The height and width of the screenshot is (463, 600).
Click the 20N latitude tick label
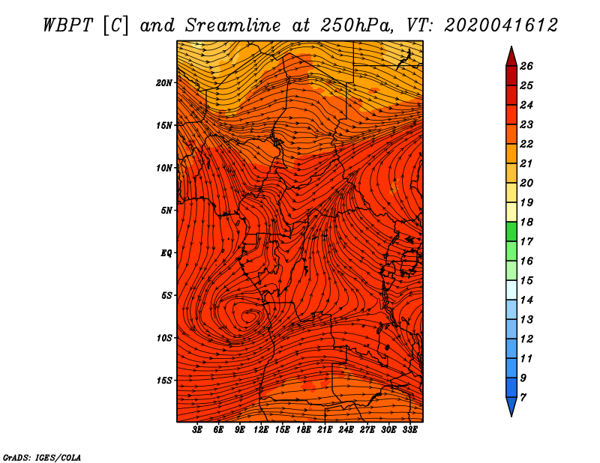(163, 83)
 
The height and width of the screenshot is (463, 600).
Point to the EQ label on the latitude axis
(166, 253)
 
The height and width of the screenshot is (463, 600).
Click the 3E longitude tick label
(197, 430)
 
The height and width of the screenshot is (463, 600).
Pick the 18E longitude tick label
(304, 430)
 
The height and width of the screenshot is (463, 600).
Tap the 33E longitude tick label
(409, 430)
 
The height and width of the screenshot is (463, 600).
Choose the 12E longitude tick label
(261, 430)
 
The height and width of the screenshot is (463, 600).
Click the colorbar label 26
(526, 66)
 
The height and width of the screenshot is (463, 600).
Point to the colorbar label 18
(526, 222)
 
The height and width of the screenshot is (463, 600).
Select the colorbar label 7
(523, 398)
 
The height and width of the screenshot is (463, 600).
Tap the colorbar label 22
(526, 144)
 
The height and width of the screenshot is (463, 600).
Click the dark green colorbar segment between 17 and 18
(511, 231)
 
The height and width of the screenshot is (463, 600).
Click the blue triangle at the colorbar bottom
(511, 405)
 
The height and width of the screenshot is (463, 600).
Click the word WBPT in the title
(68, 25)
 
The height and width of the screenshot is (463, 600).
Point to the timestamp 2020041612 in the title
(501, 25)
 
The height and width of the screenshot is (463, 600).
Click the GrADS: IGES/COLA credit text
(42, 458)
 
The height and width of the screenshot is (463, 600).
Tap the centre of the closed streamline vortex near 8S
(248, 316)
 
